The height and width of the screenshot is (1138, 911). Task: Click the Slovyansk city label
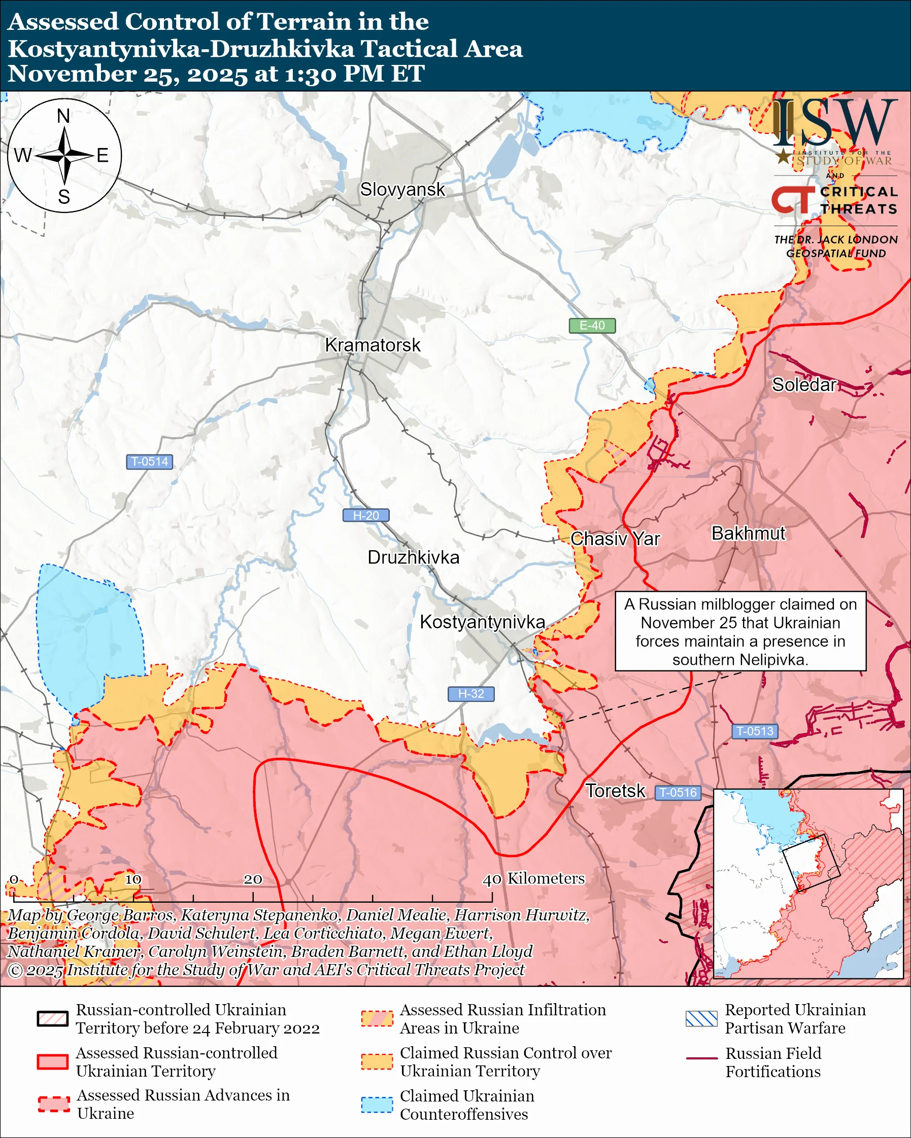click(402, 190)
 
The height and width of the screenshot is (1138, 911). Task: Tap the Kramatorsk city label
click(373, 345)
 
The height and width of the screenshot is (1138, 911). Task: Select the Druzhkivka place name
click(413, 557)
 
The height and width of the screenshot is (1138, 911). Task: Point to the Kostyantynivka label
click(482, 622)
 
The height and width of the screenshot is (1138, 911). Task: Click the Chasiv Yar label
click(615, 539)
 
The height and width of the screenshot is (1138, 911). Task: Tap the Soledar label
click(803, 385)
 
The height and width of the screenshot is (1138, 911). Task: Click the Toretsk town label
click(615, 791)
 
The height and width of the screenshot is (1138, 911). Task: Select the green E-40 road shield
click(591, 326)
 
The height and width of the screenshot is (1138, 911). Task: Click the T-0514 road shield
click(149, 461)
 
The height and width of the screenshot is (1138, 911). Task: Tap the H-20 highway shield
click(365, 515)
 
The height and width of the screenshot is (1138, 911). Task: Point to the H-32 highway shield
click(470, 694)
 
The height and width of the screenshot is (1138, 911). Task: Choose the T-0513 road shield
click(754, 731)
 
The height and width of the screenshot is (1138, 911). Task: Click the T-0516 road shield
click(678, 792)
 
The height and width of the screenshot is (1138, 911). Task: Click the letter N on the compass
click(63, 116)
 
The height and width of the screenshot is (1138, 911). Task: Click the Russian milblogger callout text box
click(740, 631)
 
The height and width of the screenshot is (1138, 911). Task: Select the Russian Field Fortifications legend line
click(701, 1058)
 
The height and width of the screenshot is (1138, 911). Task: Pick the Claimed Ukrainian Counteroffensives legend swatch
click(377, 1105)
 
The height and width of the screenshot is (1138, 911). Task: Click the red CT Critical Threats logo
click(792, 200)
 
